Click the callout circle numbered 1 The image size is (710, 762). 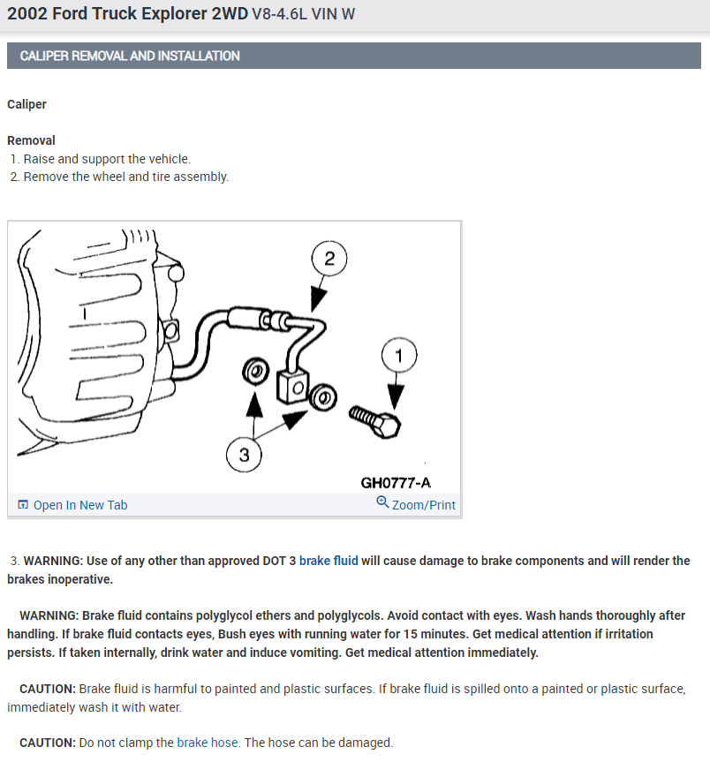click(x=397, y=357)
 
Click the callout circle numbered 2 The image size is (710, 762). click(x=329, y=259)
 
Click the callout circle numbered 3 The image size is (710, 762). click(x=244, y=456)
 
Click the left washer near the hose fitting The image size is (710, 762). click(x=254, y=373)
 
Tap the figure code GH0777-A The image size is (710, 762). click(x=396, y=483)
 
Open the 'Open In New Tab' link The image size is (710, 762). click(x=79, y=505)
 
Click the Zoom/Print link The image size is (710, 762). click(x=424, y=505)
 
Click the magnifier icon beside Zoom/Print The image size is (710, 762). click(x=382, y=502)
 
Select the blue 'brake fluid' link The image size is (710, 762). click(x=329, y=561)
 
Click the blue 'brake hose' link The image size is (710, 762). click(x=208, y=743)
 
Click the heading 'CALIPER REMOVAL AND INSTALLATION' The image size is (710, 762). click(x=124, y=56)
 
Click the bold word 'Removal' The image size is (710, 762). click(x=31, y=140)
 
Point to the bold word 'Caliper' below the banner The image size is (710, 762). click(x=26, y=104)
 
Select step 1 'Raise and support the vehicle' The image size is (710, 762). click(x=106, y=159)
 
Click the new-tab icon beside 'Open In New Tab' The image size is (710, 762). click(x=23, y=505)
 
